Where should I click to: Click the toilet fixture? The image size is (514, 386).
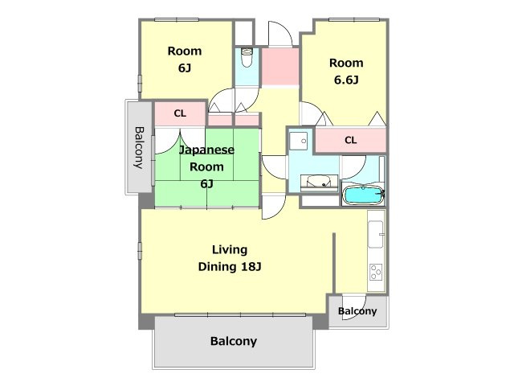[247, 57]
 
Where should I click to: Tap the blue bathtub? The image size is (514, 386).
[363, 195]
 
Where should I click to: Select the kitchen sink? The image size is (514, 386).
[376, 234]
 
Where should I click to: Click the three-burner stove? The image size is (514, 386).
[376, 272]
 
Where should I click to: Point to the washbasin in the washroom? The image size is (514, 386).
[320, 183]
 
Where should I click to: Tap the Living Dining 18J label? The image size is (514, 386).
[230, 258]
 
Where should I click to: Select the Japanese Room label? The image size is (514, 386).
[206, 158]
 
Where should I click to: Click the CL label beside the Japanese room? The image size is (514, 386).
[180, 113]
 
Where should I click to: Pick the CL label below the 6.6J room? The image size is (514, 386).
[350, 141]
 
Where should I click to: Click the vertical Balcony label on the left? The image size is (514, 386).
[139, 147]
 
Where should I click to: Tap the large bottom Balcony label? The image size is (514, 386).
[234, 341]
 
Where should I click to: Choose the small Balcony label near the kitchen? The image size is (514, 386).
[357, 311]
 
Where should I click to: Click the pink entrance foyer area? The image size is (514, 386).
[280, 67]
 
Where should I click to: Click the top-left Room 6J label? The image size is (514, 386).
[185, 60]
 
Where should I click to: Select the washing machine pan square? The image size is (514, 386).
[299, 142]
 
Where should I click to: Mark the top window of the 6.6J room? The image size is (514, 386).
[354, 19]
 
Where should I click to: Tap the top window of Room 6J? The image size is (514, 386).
[177, 19]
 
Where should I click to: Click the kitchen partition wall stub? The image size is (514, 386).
[334, 263]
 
